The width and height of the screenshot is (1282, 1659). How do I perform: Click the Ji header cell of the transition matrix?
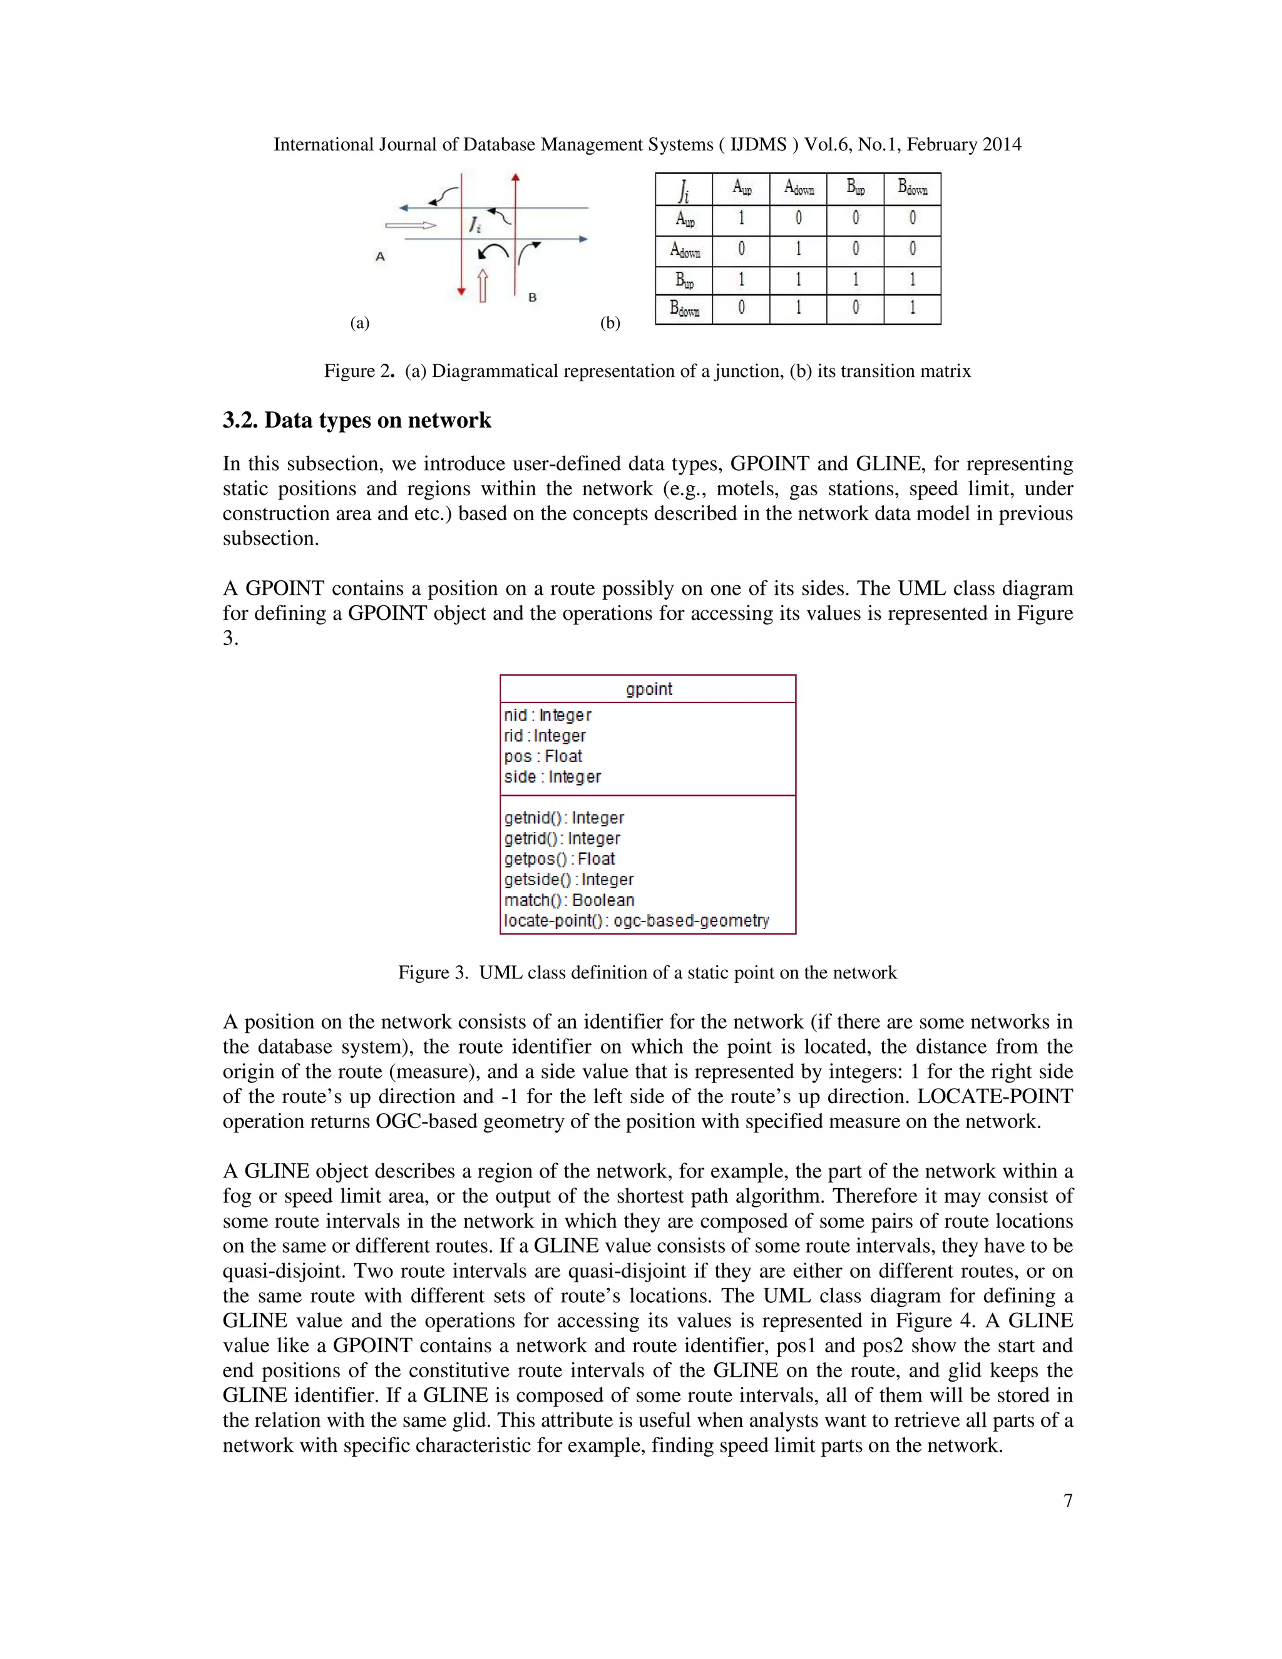(x=684, y=189)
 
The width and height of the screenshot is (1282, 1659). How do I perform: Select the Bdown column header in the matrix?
(x=912, y=188)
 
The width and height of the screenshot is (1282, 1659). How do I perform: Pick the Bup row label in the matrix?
(x=684, y=281)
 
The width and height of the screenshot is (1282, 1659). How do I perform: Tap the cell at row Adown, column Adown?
(x=798, y=249)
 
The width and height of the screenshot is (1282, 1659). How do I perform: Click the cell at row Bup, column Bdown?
(x=912, y=280)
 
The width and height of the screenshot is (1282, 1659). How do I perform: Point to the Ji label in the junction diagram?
(x=474, y=225)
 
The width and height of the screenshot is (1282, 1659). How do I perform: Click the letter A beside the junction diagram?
(x=381, y=257)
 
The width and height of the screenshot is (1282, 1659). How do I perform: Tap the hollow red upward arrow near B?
(x=482, y=285)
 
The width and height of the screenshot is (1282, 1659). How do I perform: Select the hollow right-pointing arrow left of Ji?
(x=411, y=225)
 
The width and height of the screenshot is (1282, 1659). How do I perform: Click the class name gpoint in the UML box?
(x=649, y=689)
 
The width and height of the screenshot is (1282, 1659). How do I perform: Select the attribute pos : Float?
(x=543, y=757)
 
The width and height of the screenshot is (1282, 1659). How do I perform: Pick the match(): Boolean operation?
(x=569, y=900)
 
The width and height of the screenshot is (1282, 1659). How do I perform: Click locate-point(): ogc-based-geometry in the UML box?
(x=637, y=921)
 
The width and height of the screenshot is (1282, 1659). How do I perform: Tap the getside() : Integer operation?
(x=569, y=880)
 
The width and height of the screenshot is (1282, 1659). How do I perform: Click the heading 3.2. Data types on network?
(x=357, y=420)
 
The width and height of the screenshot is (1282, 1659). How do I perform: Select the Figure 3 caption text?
(x=647, y=972)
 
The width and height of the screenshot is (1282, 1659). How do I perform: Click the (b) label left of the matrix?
(x=610, y=323)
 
